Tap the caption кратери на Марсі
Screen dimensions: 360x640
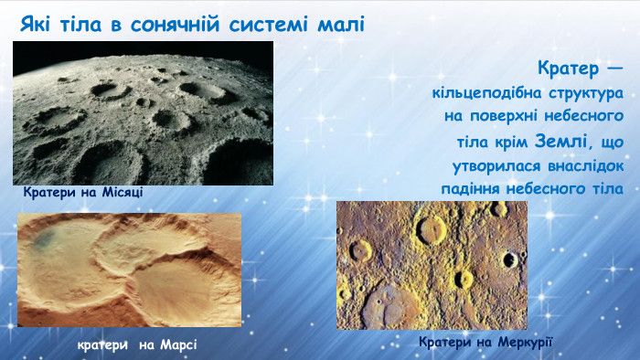coord(137,344)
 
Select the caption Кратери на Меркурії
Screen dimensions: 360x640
coord(486,342)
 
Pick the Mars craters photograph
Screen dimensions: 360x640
coord(129,270)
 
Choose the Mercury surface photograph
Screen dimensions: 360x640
coord(432,265)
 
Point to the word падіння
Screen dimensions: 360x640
coord(473,188)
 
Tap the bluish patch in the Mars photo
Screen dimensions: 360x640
coord(49,239)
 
